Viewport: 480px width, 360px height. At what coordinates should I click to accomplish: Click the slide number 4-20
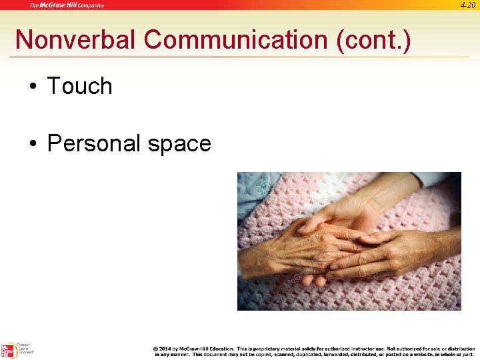tap(468, 5)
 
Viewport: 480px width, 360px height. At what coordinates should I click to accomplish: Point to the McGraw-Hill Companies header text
tap(67, 5)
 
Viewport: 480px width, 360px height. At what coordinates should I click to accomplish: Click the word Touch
tap(79, 86)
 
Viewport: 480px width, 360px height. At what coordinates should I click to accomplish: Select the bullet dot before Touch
tap(32, 87)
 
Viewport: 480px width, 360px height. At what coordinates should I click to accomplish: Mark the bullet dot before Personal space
tap(32, 144)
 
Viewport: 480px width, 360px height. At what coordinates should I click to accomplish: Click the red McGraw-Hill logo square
tap(7, 351)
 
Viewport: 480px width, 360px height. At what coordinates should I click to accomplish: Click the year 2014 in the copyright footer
tap(165, 349)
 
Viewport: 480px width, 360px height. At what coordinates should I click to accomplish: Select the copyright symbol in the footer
tap(155, 349)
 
